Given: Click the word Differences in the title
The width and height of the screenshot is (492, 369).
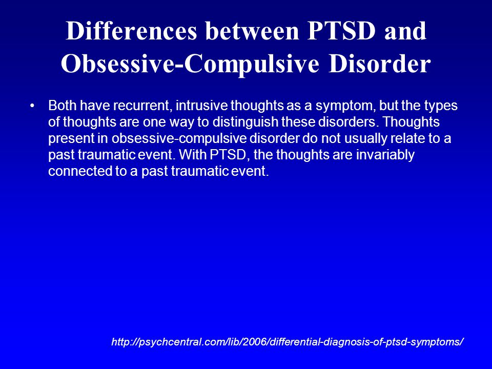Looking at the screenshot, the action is point(132,31).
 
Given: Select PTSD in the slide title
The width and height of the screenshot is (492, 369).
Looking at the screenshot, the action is point(341,31).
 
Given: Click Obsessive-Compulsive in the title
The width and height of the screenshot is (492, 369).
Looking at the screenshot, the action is point(190,65).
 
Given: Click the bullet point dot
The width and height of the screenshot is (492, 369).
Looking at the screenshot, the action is point(32,106).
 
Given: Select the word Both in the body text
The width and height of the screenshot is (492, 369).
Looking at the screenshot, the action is point(62,106).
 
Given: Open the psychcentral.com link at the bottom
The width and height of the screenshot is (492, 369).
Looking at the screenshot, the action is point(288,341).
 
